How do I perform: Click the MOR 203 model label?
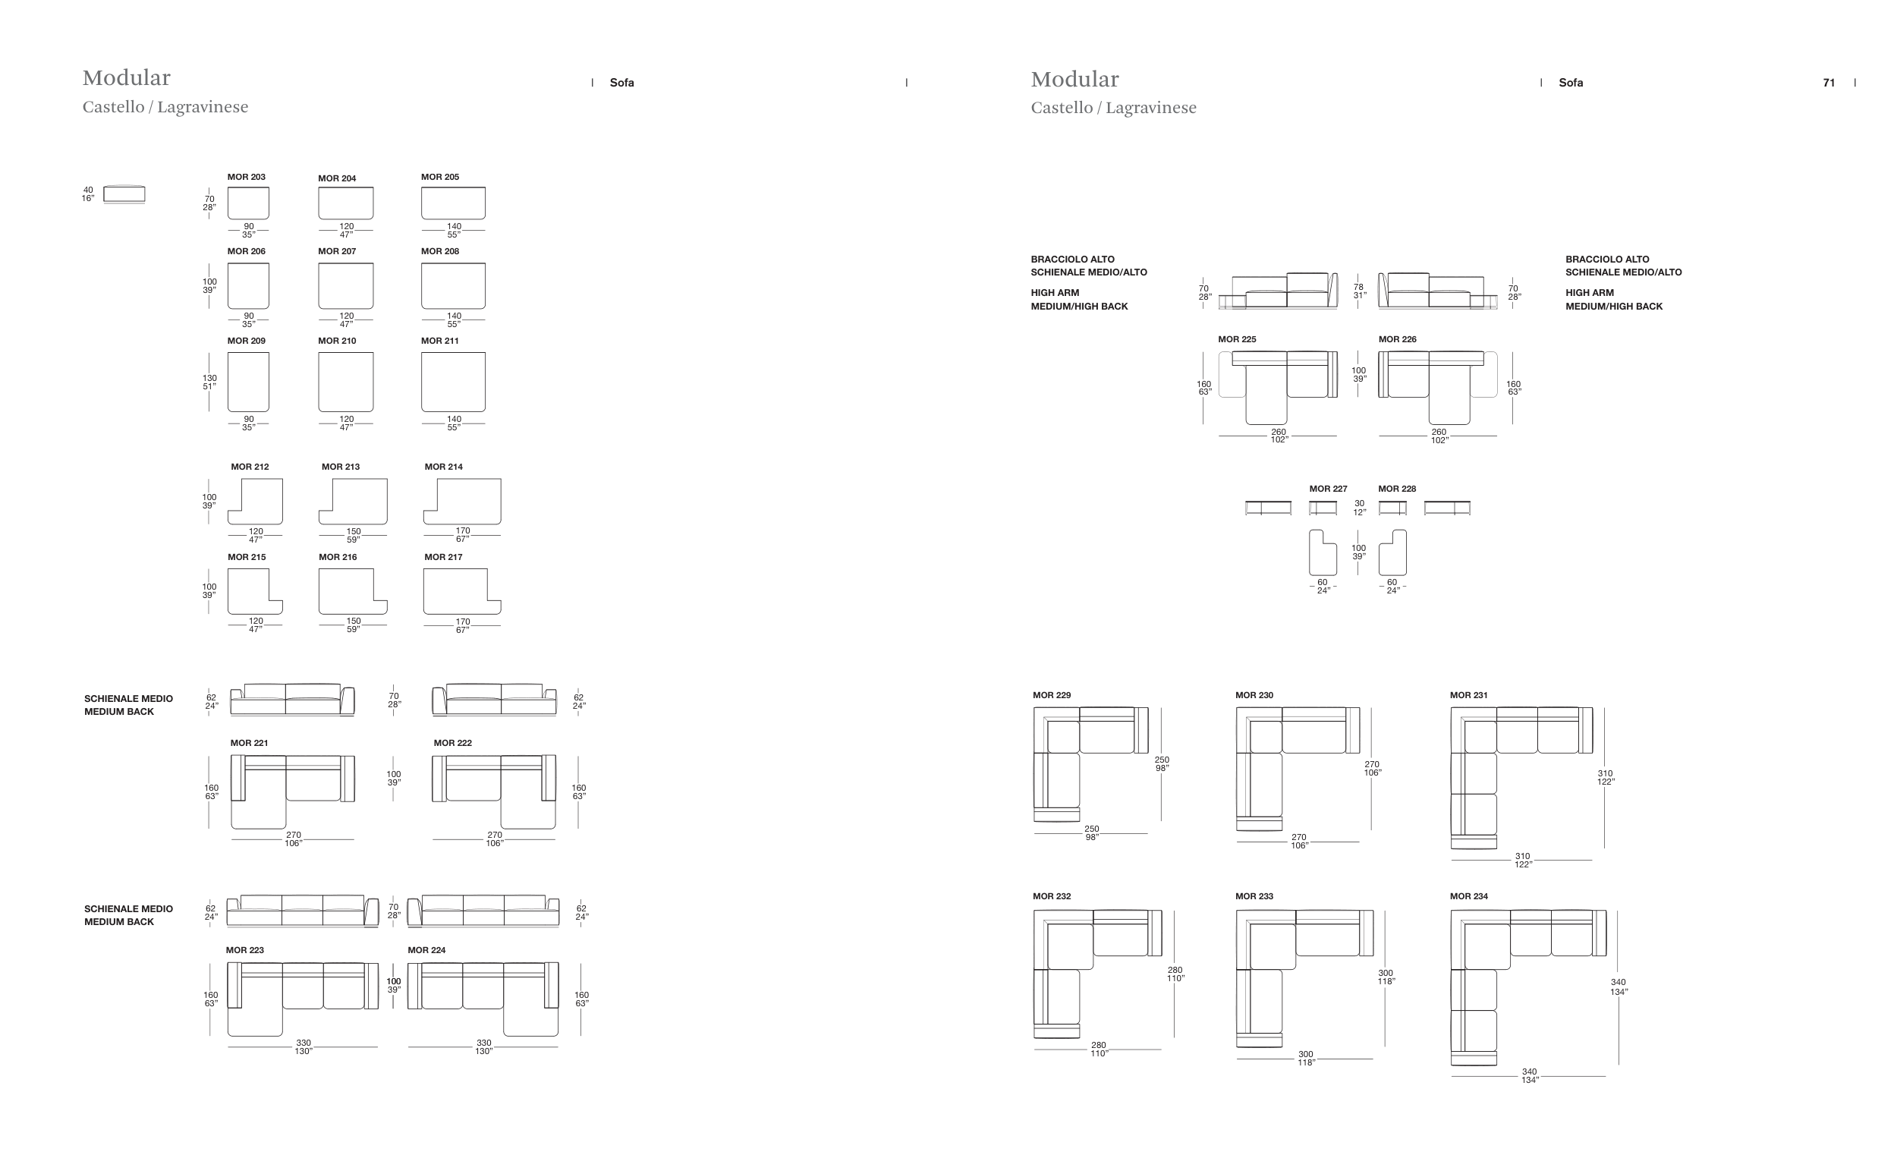click(x=247, y=177)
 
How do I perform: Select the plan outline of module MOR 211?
click(x=453, y=382)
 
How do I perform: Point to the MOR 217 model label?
click(x=443, y=557)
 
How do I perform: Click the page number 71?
click(x=1829, y=83)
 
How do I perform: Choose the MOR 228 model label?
click(x=1397, y=489)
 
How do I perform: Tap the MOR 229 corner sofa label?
click(x=1052, y=695)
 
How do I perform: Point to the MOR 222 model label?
click(x=453, y=743)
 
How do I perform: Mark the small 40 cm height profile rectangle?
click(x=124, y=194)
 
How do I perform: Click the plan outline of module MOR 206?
click(x=248, y=285)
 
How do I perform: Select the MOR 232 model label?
click(x=1052, y=896)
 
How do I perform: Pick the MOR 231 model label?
click(x=1469, y=695)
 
